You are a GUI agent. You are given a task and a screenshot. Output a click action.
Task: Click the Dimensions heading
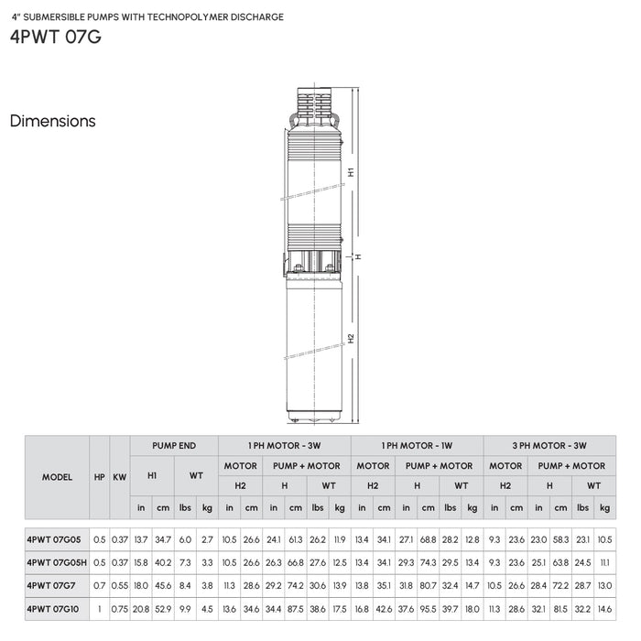pyautogui.click(x=52, y=121)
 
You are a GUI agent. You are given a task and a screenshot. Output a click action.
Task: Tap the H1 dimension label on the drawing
pyautogui.click(x=352, y=172)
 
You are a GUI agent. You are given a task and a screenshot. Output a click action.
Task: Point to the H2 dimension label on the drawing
pyautogui.click(x=352, y=338)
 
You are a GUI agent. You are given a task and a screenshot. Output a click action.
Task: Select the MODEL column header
pyautogui.click(x=57, y=477)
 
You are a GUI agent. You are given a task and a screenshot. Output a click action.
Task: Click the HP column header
pyautogui.click(x=99, y=477)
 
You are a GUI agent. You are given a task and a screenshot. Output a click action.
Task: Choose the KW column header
pyautogui.click(x=120, y=477)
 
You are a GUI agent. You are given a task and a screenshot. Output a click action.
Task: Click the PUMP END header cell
pyautogui.click(x=174, y=446)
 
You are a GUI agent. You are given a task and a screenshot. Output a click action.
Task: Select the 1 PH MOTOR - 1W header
pyautogui.click(x=417, y=446)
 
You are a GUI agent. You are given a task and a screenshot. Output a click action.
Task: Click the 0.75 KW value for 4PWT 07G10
pyautogui.click(x=120, y=606)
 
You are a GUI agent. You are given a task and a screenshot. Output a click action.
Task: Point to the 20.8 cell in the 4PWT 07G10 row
pyautogui.click(x=141, y=606)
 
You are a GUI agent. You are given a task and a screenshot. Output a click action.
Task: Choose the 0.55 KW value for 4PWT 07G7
pyautogui.click(x=120, y=584)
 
